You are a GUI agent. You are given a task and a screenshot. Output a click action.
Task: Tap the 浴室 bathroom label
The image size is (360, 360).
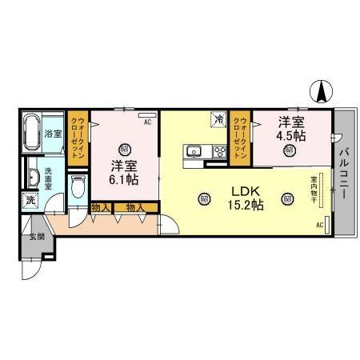click(54, 133)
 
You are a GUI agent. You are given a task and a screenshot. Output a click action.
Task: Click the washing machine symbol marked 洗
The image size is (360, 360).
click(31, 201)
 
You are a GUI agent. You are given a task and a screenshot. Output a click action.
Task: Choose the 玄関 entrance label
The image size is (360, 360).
click(36, 237)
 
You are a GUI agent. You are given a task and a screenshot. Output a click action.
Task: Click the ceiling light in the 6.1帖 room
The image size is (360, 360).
click(124, 148)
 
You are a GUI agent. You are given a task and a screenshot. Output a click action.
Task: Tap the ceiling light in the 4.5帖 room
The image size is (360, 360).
click(288, 149)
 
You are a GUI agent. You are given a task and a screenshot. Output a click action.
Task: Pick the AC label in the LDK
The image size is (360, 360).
click(319, 225)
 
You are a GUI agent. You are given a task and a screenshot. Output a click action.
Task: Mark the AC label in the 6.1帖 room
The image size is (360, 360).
click(147, 122)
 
